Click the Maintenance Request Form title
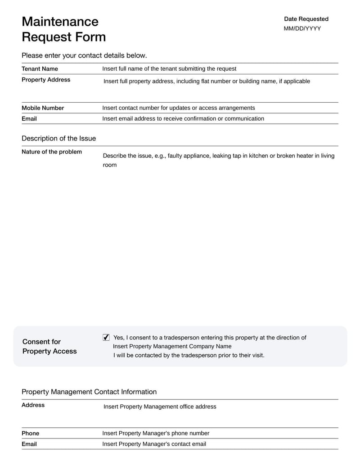(x=63, y=29)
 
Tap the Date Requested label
(x=306, y=19)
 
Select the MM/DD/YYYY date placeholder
(x=302, y=28)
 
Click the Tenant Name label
(x=40, y=69)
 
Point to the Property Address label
(x=46, y=80)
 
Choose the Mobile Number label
(x=43, y=108)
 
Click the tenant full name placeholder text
(x=169, y=69)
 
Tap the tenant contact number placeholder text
(x=179, y=108)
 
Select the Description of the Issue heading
(x=58, y=138)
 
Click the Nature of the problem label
(x=52, y=152)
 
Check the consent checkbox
(x=106, y=337)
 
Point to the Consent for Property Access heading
(x=49, y=346)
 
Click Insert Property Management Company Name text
(x=172, y=346)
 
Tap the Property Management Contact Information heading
(x=89, y=392)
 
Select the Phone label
(x=30, y=433)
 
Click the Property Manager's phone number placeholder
(x=156, y=433)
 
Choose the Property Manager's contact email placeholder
(x=154, y=444)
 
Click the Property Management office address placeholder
(x=160, y=407)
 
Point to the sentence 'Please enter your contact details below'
(x=84, y=55)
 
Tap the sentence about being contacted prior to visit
(x=189, y=355)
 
